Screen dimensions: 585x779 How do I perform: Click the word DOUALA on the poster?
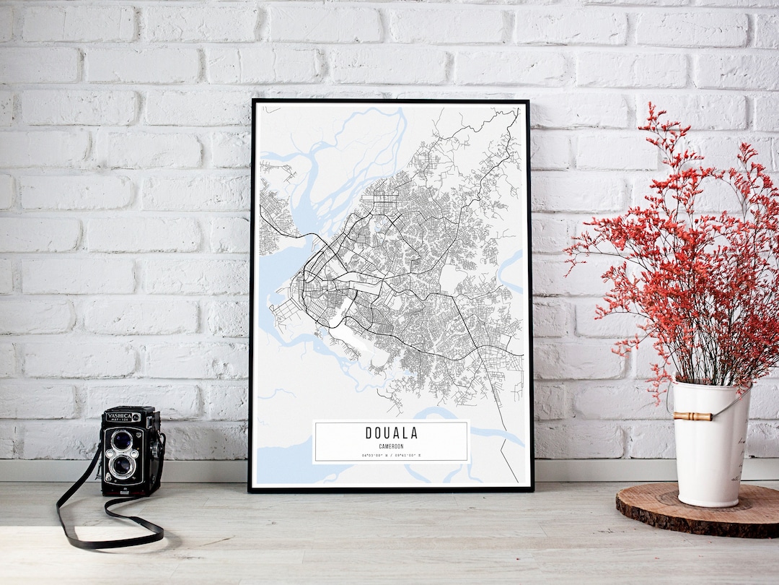tap(391, 433)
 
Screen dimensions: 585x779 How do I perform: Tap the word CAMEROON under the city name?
tap(391, 446)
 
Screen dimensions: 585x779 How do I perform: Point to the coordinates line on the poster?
tap(391, 456)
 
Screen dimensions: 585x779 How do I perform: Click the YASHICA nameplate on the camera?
tap(120, 417)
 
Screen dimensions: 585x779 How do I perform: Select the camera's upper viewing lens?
tap(122, 439)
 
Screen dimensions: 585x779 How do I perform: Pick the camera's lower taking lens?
tap(122, 466)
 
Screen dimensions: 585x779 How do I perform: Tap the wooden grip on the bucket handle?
tap(692, 416)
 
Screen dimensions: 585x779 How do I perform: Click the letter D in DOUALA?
tap(369, 433)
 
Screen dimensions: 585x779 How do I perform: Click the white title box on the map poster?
tap(391, 441)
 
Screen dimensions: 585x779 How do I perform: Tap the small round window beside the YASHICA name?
tap(136, 417)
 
